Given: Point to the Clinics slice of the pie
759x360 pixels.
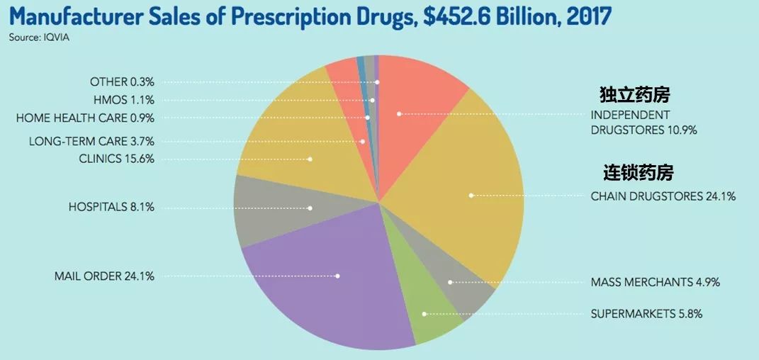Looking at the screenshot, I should pos(298,142).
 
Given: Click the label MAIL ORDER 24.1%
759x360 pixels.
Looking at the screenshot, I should pos(104,276).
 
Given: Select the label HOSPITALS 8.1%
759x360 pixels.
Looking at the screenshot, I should pos(111,207).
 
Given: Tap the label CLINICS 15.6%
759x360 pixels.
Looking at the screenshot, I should pos(117,158).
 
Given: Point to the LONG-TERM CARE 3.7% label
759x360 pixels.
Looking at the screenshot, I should pos(91,140).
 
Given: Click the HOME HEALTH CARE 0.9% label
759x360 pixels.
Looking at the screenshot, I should pos(85,118).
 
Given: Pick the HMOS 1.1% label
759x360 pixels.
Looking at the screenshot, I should pos(123,100).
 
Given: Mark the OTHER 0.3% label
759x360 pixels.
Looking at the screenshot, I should pos(122,82).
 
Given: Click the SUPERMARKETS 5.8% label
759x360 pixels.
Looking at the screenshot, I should pos(646,313).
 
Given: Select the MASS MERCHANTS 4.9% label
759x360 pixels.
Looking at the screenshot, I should pos(655,282).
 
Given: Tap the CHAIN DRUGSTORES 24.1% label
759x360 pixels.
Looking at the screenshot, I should pos(663,196).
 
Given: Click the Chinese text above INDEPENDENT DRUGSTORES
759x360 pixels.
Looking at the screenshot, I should pos(634,95).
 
